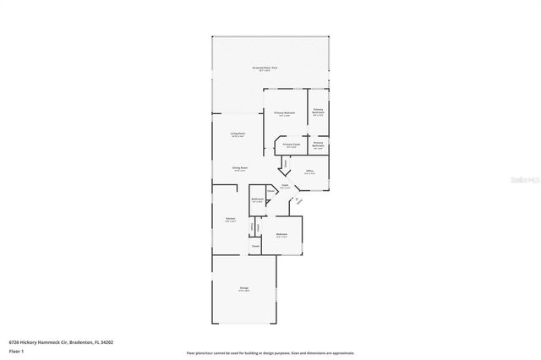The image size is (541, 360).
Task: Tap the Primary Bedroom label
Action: click(x=284, y=112)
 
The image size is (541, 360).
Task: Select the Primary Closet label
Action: click(x=291, y=144)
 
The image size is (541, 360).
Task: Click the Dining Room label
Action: click(x=240, y=168)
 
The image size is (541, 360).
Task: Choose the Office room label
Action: click(x=309, y=172)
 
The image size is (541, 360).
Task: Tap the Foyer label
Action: click(x=286, y=185)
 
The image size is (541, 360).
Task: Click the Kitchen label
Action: click(x=230, y=219)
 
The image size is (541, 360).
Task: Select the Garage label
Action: click(x=243, y=288)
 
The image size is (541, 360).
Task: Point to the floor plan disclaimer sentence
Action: click(x=270, y=353)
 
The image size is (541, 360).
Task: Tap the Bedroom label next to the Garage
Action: click(x=281, y=234)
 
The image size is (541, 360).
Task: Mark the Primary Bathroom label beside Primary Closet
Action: click(x=318, y=144)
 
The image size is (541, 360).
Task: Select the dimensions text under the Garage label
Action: click(x=243, y=292)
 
